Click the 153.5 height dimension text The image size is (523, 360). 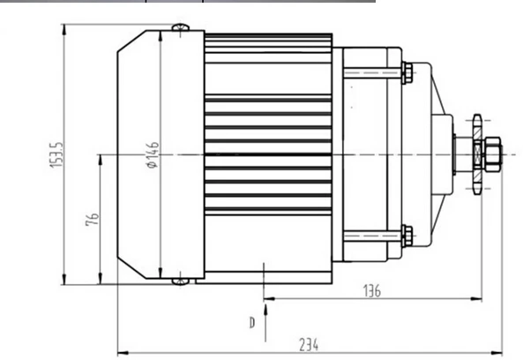point(56,154)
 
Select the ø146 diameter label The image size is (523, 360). point(153,154)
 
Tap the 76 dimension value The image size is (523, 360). point(93,219)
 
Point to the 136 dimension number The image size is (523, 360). point(372,291)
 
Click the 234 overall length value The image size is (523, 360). point(309,345)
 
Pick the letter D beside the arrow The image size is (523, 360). point(252,323)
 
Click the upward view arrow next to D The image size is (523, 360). point(265,323)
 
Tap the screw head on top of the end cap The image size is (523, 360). point(181,27)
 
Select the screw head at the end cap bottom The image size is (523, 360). point(181,281)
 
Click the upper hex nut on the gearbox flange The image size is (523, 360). point(407,72)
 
